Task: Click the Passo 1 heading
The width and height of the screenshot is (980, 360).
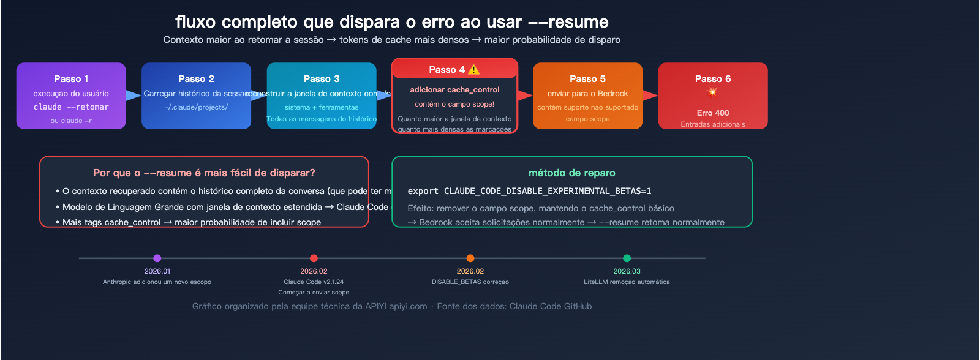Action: click(71, 79)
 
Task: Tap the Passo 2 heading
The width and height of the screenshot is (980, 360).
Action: click(196, 79)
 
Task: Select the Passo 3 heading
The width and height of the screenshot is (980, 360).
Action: click(322, 79)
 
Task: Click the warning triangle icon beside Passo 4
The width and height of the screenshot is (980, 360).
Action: click(474, 70)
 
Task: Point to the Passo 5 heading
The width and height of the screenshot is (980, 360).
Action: click(587, 79)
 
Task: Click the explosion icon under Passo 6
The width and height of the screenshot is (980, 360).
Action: click(712, 92)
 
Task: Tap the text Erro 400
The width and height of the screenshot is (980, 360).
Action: click(713, 113)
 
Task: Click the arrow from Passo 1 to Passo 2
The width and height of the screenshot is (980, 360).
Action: click(134, 96)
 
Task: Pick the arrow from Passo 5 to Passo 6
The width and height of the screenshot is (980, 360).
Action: click(650, 96)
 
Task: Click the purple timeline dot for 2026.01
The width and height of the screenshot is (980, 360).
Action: click(157, 258)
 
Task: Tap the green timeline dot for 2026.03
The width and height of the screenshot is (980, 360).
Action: click(627, 258)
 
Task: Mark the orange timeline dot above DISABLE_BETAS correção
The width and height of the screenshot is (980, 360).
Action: click(470, 258)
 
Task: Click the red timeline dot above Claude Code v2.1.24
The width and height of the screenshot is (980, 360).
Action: click(314, 258)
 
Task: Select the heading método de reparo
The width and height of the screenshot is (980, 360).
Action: click(572, 173)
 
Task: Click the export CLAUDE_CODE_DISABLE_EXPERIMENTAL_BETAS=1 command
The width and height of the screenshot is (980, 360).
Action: click(530, 192)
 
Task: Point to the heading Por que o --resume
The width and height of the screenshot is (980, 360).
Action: click(204, 173)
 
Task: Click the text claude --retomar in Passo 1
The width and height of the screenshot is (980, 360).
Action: click(71, 107)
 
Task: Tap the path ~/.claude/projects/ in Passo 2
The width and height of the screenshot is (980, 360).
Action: click(196, 108)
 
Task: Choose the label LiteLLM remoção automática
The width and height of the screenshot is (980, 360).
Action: click(627, 282)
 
